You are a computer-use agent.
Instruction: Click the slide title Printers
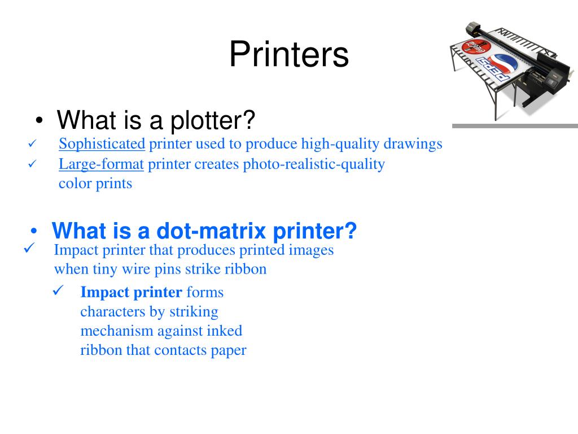[x=289, y=55]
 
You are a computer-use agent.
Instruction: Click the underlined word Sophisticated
[x=102, y=144]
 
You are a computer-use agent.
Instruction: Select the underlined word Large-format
[x=102, y=164]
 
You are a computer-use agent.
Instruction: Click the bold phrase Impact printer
[x=132, y=292]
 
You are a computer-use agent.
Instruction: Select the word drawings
[x=413, y=144]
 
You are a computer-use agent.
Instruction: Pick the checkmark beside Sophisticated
[x=32, y=144]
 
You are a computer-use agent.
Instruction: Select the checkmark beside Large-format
[x=32, y=164]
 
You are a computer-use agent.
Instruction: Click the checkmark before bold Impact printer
[x=59, y=291]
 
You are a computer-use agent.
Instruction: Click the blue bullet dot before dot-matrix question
[x=34, y=232]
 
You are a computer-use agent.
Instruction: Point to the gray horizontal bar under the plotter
[x=515, y=126]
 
